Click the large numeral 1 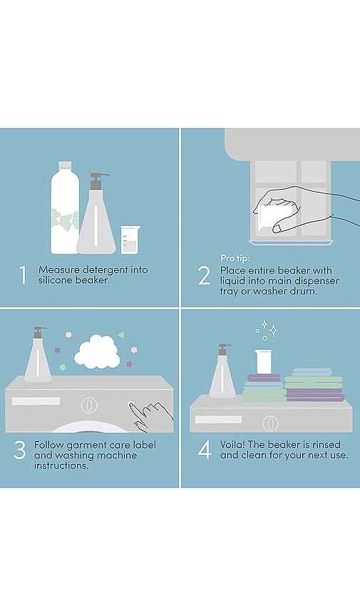tap(24, 274)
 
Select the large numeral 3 tap(20, 450)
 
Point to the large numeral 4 tap(205, 450)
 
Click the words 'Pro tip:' tap(235, 258)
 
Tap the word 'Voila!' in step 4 tap(232, 445)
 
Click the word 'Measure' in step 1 tap(59, 270)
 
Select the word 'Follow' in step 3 tap(48, 445)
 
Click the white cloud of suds tap(97, 351)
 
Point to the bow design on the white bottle tap(65, 221)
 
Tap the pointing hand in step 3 tap(150, 414)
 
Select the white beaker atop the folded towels tap(263, 361)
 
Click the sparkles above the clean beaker tap(266, 330)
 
